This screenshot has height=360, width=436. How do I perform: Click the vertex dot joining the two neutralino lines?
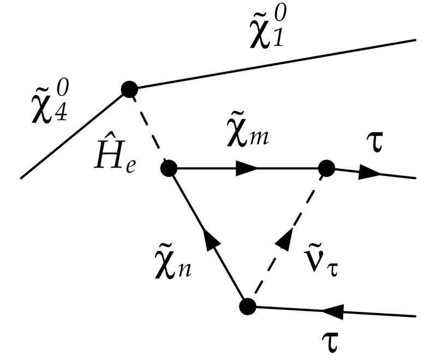pyautogui.click(x=129, y=88)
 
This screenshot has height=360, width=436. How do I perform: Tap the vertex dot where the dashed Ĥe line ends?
pyautogui.click(x=169, y=168)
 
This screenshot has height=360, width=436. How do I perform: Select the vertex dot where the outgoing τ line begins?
pyautogui.click(x=326, y=168)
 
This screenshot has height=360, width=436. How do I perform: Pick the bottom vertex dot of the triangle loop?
pyautogui.click(x=248, y=306)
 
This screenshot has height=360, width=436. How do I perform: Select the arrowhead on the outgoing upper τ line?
pyautogui.click(x=371, y=173)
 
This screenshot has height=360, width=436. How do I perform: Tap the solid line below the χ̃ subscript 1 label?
pyautogui.click(x=273, y=64)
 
